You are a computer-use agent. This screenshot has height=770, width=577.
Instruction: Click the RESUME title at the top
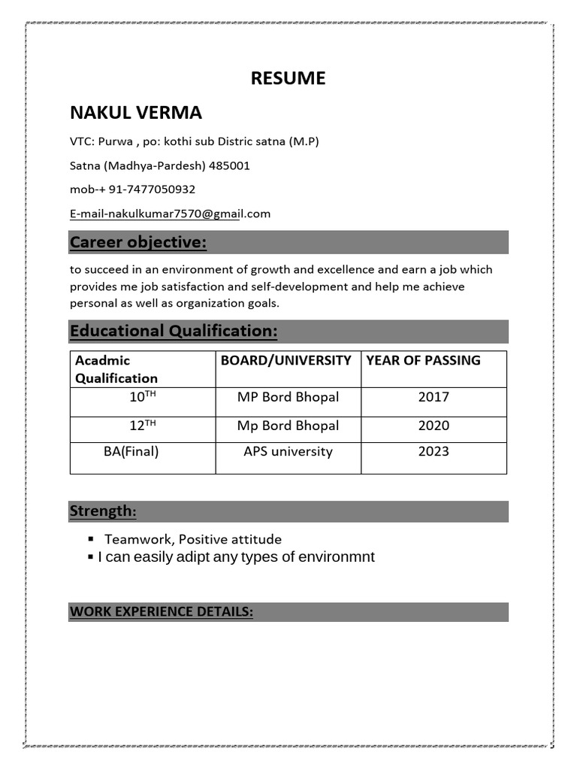pyautogui.click(x=288, y=78)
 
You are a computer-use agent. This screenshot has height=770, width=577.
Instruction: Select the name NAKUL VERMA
pyautogui.click(x=136, y=113)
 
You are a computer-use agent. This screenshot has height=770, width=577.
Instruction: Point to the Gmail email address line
pyautogui.click(x=170, y=214)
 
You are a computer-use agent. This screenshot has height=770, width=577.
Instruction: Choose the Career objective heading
pyautogui.click(x=138, y=242)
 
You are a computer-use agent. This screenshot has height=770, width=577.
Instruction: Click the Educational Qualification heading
pyautogui.click(x=174, y=331)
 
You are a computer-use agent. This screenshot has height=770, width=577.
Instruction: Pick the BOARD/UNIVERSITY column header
pyautogui.click(x=286, y=360)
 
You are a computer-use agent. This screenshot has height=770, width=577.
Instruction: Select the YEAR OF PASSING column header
pyautogui.click(x=423, y=360)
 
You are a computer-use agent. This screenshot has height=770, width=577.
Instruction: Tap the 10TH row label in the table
pyautogui.click(x=143, y=397)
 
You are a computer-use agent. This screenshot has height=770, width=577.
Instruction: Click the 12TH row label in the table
pyautogui.click(x=143, y=426)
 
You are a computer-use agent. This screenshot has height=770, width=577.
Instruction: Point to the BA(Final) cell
pyautogui.click(x=131, y=452)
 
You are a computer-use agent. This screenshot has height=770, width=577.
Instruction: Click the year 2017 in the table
pyautogui.click(x=434, y=397)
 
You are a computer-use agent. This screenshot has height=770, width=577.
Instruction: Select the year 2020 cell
pyautogui.click(x=434, y=426)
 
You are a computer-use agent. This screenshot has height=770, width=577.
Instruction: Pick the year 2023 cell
pyautogui.click(x=434, y=452)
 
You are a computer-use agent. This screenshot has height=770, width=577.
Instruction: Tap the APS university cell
pyautogui.click(x=288, y=452)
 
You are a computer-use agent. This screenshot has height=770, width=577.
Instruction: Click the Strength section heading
pyautogui.click(x=103, y=511)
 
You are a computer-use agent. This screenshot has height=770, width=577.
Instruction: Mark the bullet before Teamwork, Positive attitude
pyautogui.click(x=90, y=539)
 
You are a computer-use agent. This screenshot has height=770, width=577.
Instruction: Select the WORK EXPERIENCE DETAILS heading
pyautogui.click(x=162, y=612)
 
